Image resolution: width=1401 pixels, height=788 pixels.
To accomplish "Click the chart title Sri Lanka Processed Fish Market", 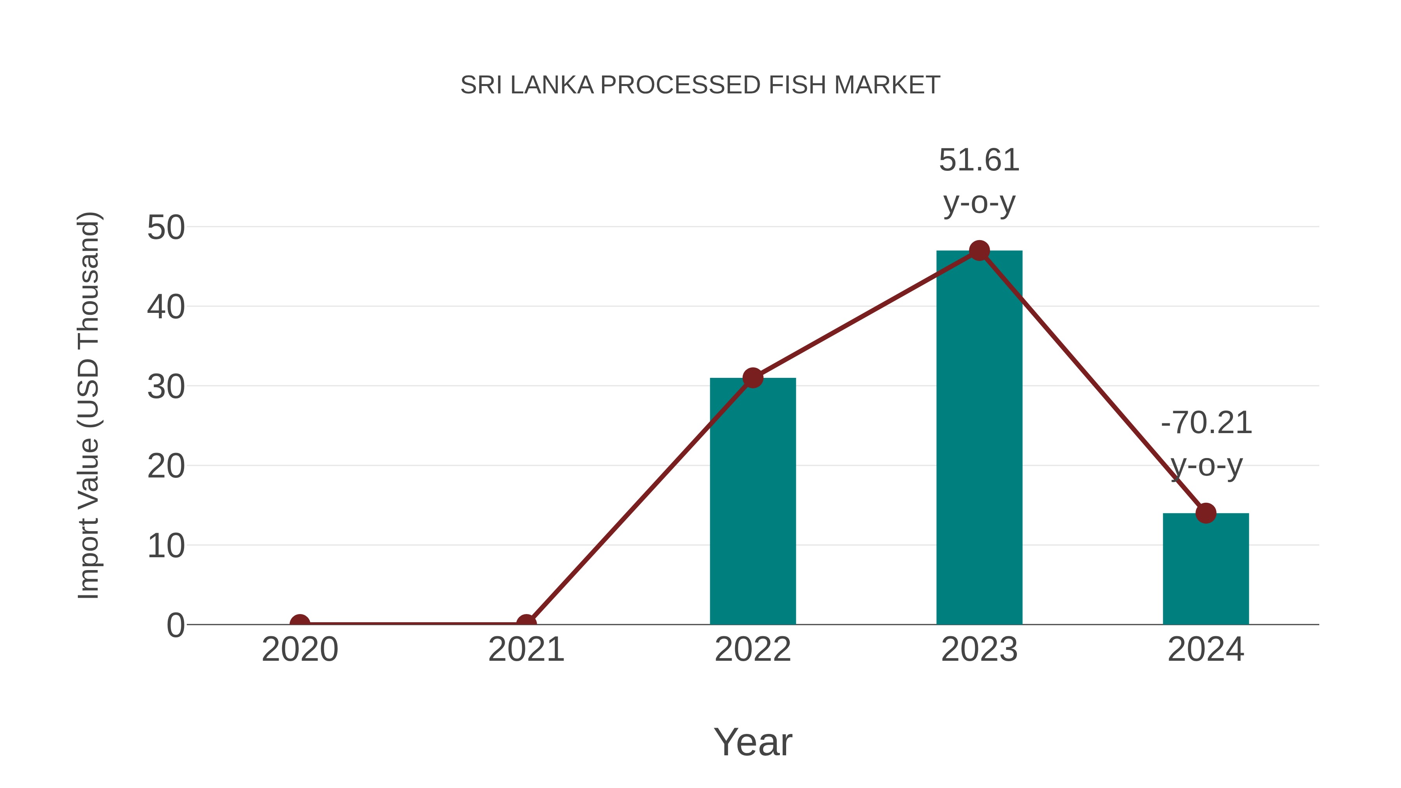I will [x=700, y=85].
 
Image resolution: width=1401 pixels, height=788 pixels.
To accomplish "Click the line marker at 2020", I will [x=300, y=623].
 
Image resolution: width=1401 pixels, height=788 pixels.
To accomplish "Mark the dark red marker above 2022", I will [x=753, y=377].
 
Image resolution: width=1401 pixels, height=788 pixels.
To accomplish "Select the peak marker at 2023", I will [x=979, y=251].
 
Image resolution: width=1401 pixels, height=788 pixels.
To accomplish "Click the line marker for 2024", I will [x=1206, y=513].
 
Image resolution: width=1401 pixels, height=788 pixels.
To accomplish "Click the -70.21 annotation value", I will [x=1206, y=423].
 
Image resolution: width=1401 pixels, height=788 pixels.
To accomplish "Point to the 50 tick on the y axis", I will [x=166, y=227].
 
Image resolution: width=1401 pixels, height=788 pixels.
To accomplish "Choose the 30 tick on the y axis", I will [x=166, y=387].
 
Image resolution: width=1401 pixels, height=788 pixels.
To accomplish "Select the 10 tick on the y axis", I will [x=166, y=546].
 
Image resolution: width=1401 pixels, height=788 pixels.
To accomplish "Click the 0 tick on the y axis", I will [x=176, y=625].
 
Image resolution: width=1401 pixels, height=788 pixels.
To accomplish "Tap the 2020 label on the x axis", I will [x=300, y=649].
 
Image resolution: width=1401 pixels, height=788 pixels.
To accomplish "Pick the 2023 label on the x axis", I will [x=979, y=649].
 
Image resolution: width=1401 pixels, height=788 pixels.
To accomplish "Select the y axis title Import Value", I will [x=88, y=405].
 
